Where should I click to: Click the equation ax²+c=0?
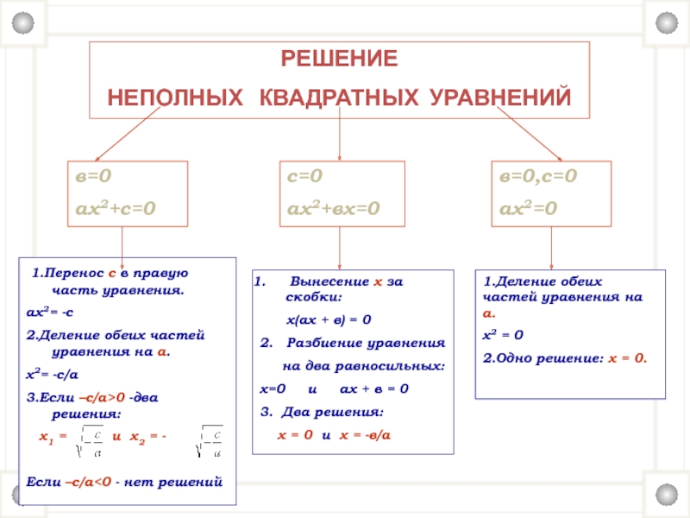[114, 207]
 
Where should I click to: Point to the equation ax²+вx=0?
[333, 207]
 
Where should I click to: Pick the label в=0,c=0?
[539, 177]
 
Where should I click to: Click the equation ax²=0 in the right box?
[529, 207]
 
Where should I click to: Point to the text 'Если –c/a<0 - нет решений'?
[125, 481]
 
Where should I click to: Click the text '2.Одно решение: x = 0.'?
[565, 357]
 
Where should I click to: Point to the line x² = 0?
[503, 335]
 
